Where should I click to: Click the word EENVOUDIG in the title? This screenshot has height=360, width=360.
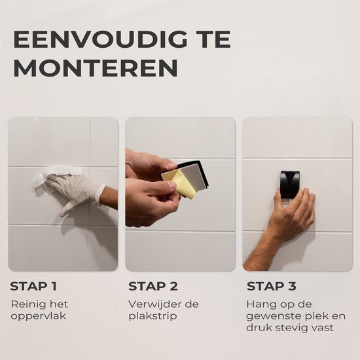pyautogui.click(x=100, y=39)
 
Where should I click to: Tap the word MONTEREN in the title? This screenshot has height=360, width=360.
pyautogui.click(x=96, y=68)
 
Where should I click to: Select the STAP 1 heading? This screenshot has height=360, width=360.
pyautogui.click(x=33, y=286)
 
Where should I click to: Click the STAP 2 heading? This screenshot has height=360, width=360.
pyautogui.click(x=153, y=286)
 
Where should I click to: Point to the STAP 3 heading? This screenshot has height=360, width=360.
pyautogui.click(x=272, y=286)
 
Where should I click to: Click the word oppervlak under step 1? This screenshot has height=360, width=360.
pyautogui.click(x=39, y=316)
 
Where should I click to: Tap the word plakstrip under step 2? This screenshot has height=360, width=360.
pyautogui.click(x=153, y=316)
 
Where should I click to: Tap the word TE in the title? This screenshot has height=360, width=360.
pyautogui.click(x=215, y=39)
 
